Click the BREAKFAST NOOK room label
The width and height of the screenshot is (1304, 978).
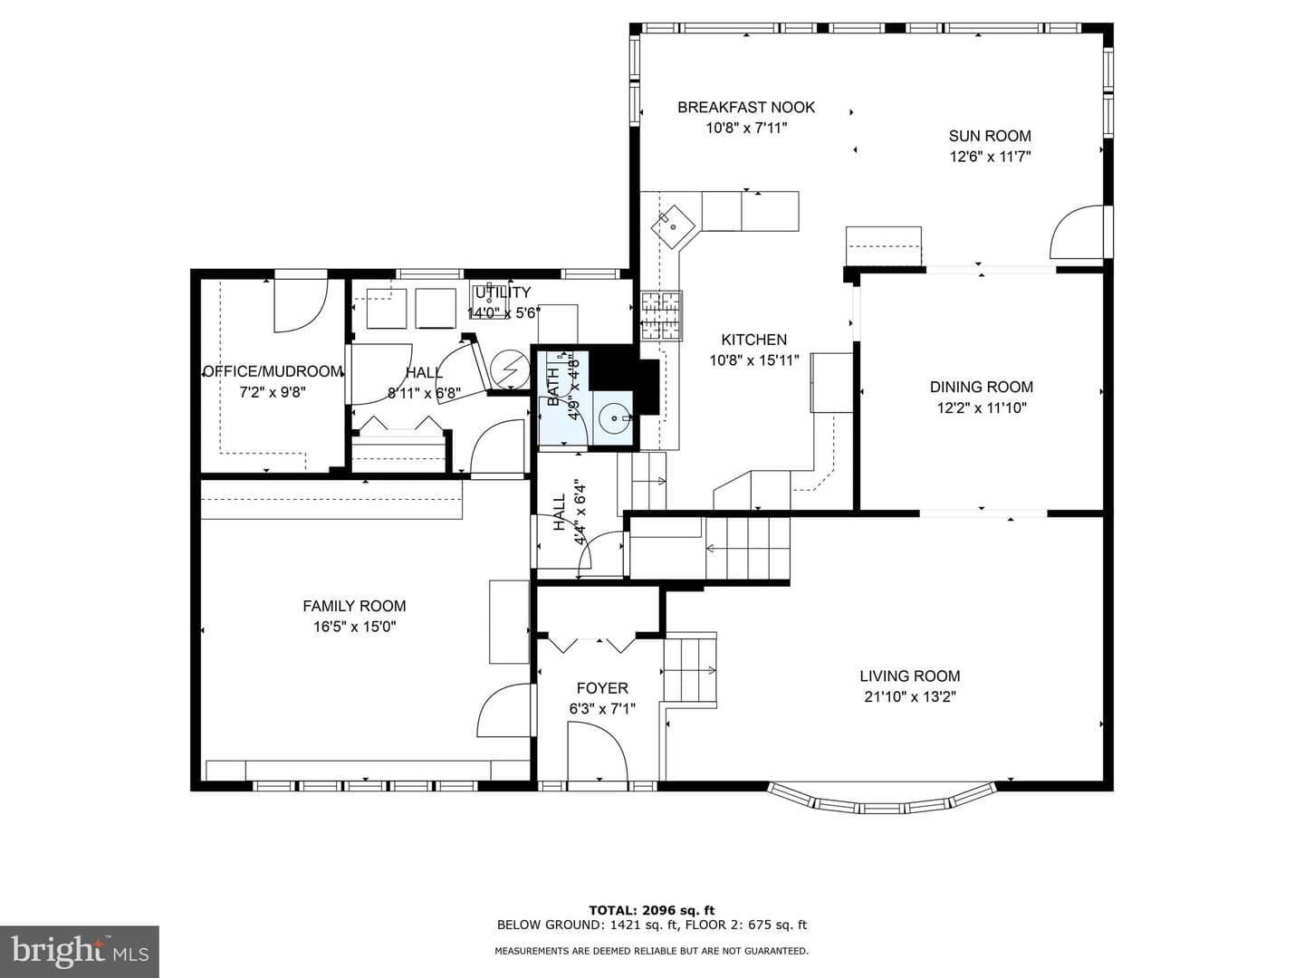[746, 108]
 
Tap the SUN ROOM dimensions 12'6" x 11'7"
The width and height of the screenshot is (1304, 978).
[990, 157]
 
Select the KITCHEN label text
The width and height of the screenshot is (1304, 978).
[754, 340]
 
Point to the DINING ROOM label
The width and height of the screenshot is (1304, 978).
[982, 388]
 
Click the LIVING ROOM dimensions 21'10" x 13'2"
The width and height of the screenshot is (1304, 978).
[910, 696]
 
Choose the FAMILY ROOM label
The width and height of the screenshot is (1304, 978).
[355, 607]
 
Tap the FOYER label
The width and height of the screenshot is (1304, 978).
[602, 688]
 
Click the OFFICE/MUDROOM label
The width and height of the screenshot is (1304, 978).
[273, 371]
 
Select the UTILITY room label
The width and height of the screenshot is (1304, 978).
[503, 292]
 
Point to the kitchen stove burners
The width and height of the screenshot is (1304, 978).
[661, 315]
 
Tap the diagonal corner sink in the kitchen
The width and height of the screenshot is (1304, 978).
[673, 226]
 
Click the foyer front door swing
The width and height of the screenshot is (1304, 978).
[598, 752]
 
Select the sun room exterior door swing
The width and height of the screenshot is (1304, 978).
[1076, 232]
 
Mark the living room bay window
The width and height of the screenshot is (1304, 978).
[882, 801]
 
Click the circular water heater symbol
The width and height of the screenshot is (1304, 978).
[510, 370]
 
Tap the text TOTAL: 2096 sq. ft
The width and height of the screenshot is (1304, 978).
[652, 910]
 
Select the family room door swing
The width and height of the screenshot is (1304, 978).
[503, 711]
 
